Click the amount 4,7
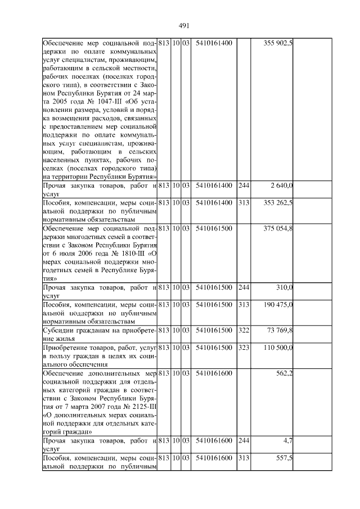click(x=287, y=442)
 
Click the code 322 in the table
click(x=244, y=330)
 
